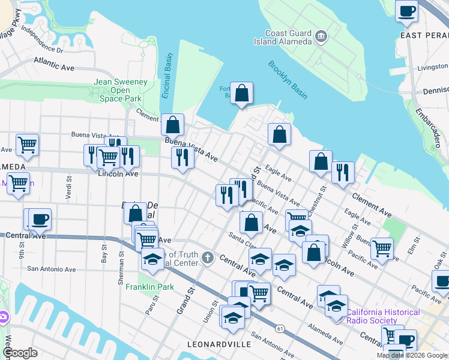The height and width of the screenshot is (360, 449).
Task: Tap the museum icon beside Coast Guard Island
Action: (x=321, y=37)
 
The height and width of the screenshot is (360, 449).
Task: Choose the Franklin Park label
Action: (x=149, y=287)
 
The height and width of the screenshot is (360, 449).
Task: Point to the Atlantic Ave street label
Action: (x=53, y=61)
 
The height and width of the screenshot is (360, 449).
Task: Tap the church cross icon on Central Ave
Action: (x=208, y=258)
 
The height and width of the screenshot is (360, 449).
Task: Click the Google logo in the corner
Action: (x=20, y=353)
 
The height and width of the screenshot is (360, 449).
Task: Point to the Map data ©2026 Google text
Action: (x=412, y=355)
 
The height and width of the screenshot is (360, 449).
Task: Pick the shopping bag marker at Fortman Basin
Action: (x=241, y=94)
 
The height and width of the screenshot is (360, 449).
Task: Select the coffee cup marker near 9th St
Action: (x=40, y=219)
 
